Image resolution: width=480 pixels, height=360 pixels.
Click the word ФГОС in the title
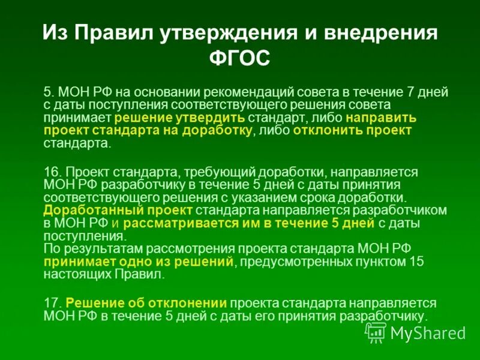[x=240, y=58]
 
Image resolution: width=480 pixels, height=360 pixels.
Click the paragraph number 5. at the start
[x=49, y=92]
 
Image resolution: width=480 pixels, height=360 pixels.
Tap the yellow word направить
[x=385, y=118]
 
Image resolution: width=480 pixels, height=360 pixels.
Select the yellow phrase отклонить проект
[x=352, y=131]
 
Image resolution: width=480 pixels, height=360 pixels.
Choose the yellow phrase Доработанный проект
[x=118, y=210]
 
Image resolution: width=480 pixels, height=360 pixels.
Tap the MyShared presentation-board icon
[x=376, y=332]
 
